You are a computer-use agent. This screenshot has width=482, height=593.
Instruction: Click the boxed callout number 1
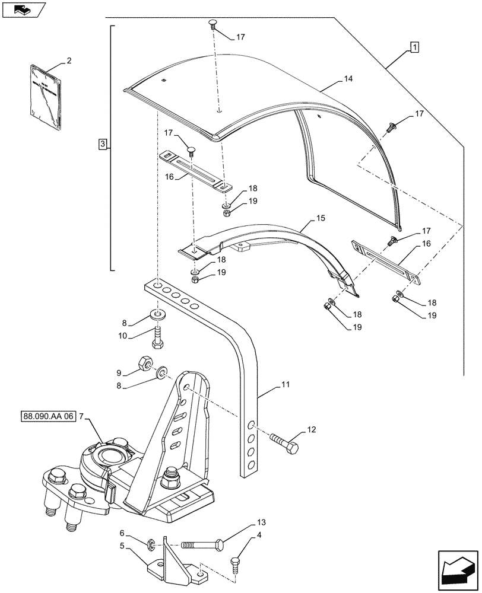click(x=414, y=47)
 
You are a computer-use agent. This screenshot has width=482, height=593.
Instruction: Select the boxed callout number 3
click(x=103, y=144)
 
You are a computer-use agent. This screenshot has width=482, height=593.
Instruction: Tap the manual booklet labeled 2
click(x=45, y=97)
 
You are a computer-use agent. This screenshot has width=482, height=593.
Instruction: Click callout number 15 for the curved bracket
click(x=320, y=219)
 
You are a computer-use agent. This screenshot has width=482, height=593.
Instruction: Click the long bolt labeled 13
click(x=202, y=543)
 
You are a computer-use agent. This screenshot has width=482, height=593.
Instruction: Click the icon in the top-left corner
click(x=22, y=8)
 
